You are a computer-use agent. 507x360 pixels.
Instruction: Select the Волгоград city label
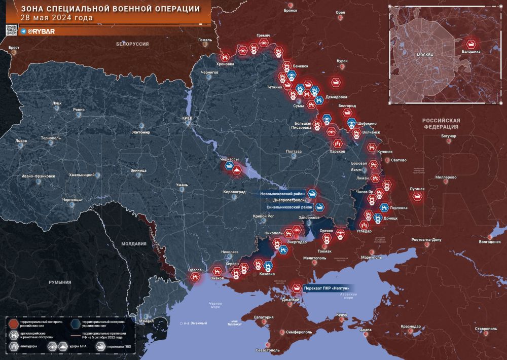coord(489,242)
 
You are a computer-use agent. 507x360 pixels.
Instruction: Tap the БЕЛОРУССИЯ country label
coord(132,44)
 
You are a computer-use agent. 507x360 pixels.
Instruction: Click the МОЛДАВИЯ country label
coord(134,243)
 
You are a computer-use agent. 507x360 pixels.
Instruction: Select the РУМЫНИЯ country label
coord(60,282)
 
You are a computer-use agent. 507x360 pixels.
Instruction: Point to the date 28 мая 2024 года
coord(56,18)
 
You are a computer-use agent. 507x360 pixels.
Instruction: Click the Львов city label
coord(21,140)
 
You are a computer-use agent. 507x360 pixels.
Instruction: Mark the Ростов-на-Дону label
coord(426,239)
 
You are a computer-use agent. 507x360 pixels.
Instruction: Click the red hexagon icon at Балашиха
coord(472,44)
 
